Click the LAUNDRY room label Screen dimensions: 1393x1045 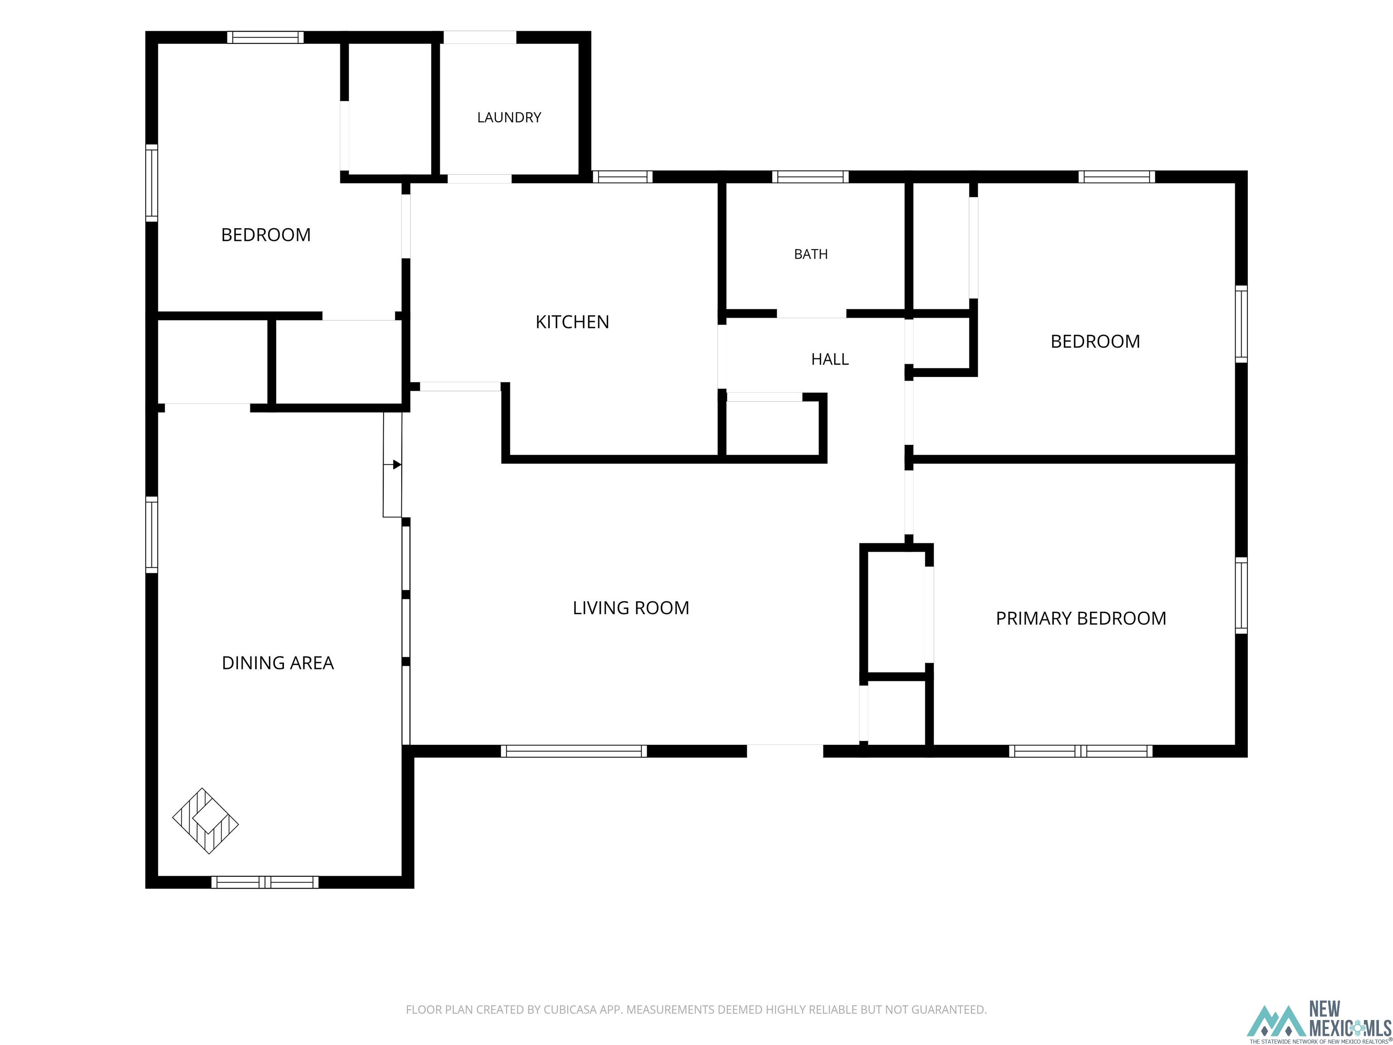pyautogui.click(x=509, y=117)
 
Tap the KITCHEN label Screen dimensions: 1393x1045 pyautogui.click(x=572, y=322)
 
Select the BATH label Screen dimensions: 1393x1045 pyautogui.click(x=810, y=254)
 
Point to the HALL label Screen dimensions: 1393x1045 pyautogui.click(x=829, y=359)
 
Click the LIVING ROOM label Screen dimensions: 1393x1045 pyautogui.click(x=630, y=608)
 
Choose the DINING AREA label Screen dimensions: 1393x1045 pyautogui.click(x=278, y=663)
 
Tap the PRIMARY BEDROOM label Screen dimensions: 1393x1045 pyautogui.click(x=1081, y=619)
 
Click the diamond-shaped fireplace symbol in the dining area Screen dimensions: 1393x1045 pyautogui.click(x=205, y=821)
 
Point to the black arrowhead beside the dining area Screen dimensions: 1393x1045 pyautogui.click(x=397, y=465)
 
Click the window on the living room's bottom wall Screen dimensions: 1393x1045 pyautogui.click(x=574, y=751)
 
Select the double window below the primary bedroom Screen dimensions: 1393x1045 pyautogui.click(x=1081, y=751)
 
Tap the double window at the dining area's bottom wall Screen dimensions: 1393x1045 pyautogui.click(x=264, y=882)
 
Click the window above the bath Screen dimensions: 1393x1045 pyautogui.click(x=810, y=177)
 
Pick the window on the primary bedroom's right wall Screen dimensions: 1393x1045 pyautogui.click(x=1241, y=595)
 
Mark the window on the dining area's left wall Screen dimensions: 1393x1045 pyautogui.click(x=152, y=535)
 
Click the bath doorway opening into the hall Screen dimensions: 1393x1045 pyautogui.click(x=811, y=314)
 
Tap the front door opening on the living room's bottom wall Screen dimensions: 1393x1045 pyautogui.click(x=784, y=751)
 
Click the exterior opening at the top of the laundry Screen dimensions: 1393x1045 pyautogui.click(x=480, y=37)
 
